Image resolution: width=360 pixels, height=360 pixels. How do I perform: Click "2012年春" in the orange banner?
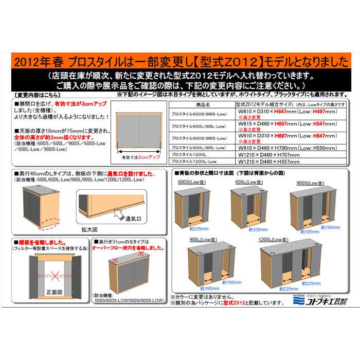point(37,62)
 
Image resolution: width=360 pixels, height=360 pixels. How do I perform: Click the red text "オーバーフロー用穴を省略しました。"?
point(128,247)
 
